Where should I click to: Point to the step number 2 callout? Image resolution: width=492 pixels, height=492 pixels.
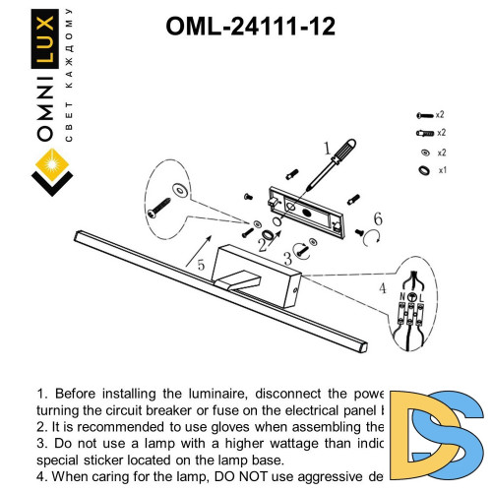click(x=262, y=239)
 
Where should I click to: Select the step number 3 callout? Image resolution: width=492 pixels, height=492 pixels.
click(x=286, y=259)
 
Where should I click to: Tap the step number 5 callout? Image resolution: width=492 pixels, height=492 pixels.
click(x=199, y=265)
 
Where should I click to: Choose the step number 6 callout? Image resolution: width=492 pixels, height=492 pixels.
click(x=377, y=218)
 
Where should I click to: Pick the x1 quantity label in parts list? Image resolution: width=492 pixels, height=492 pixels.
click(x=443, y=170)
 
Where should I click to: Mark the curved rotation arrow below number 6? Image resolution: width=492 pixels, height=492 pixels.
click(x=370, y=236)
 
